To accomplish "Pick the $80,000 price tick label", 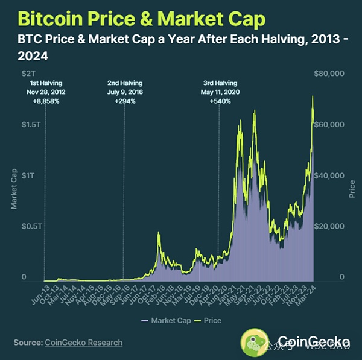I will (x=329, y=73).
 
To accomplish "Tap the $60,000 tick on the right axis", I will (x=329, y=124).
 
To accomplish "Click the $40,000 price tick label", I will (x=329, y=175).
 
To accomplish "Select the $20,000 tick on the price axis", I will (x=329, y=226).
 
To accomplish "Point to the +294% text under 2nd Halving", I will (x=125, y=101).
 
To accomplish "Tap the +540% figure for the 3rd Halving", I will (x=219, y=101).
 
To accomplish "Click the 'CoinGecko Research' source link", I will (x=83, y=343).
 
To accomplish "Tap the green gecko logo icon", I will (x=253, y=341).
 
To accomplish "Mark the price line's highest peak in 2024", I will (x=313, y=96).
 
